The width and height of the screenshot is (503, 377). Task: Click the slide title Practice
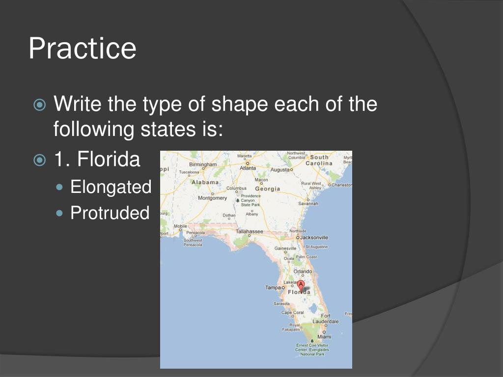pos(82,49)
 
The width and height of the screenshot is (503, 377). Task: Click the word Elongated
pos(111,187)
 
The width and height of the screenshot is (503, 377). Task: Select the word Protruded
pos(110,213)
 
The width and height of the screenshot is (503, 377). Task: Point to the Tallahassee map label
pos(250,231)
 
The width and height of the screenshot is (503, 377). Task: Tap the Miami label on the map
pos(324,337)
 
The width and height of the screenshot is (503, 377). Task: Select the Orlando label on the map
pos(303,271)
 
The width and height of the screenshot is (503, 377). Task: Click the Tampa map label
pos(273,288)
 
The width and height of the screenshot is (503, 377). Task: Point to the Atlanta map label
pos(248,168)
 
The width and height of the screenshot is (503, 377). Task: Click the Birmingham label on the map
pos(202,164)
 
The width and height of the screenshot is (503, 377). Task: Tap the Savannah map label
pos(308,203)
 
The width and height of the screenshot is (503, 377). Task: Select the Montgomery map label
pos(212,198)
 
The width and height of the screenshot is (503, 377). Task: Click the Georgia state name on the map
pos(267,188)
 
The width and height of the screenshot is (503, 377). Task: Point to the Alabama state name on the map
pos(205,182)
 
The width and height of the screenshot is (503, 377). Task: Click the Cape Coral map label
pos(292,313)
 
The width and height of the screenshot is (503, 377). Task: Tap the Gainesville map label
pos(285,248)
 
